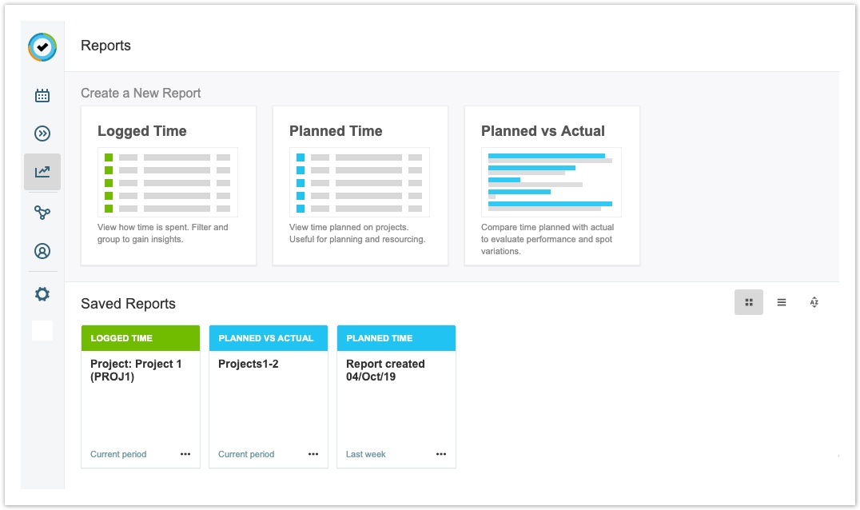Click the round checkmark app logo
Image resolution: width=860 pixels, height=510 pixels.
[x=42, y=47]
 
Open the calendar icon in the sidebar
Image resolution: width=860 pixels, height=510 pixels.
[x=42, y=95]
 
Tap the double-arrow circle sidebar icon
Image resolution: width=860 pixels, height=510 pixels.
[x=42, y=133]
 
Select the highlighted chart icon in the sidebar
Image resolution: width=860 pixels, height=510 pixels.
[x=42, y=172]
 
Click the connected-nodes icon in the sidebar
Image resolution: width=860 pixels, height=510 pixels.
[x=42, y=212]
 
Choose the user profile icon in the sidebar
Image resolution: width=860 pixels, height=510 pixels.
[x=42, y=251]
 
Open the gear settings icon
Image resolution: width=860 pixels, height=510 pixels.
[x=42, y=294]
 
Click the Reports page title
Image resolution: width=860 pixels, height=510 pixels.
[x=106, y=46]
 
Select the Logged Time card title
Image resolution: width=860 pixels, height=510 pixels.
[x=142, y=131]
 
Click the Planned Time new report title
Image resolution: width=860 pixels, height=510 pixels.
[x=336, y=131]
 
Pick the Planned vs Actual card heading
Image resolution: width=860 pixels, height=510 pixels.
[x=543, y=131]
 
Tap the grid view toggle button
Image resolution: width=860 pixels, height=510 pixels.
[x=749, y=302]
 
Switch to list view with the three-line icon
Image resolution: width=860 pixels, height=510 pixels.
[x=782, y=302]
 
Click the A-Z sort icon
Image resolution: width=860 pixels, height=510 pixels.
[x=814, y=302]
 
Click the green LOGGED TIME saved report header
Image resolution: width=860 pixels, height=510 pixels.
[x=141, y=338]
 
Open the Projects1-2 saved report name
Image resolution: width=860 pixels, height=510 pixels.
[x=249, y=364]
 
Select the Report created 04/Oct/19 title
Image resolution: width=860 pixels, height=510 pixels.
[x=385, y=370]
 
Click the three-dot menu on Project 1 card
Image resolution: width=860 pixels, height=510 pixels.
[x=185, y=454]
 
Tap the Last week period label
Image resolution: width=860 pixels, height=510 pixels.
[x=366, y=454]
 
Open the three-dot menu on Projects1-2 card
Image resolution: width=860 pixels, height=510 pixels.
[x=313, y=454]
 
